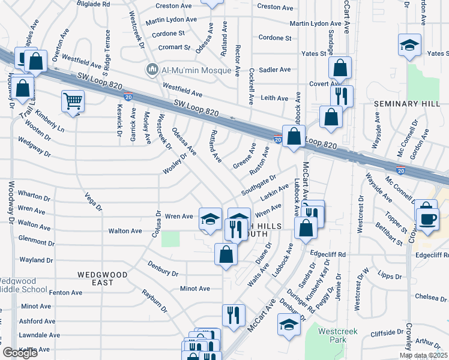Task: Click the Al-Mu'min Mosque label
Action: [196, 70]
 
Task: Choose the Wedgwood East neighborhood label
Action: [103, 274]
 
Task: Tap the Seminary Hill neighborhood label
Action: [403, 104]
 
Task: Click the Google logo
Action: [20, 353]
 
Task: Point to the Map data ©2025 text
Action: [424, 355]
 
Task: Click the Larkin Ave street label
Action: [274, 194]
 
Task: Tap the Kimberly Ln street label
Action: [50, 121]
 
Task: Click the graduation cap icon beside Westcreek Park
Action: [289, 325]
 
